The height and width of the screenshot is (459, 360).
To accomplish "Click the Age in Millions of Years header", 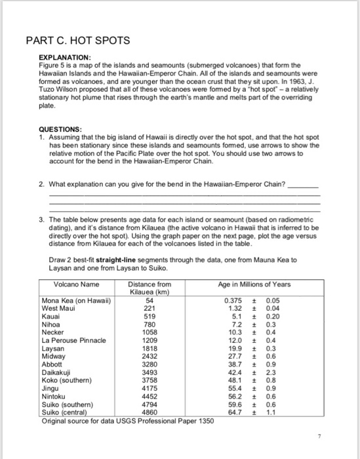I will pyautogui.click(x=254, y=285).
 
